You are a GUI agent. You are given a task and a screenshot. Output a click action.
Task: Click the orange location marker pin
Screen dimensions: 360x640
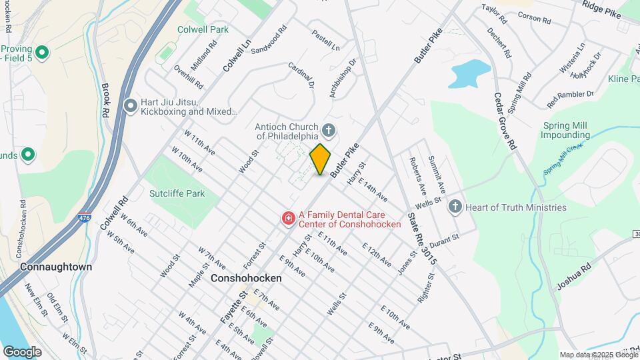(321, 159)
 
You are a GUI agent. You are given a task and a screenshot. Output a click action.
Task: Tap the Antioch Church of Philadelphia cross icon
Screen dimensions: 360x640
(328, 129)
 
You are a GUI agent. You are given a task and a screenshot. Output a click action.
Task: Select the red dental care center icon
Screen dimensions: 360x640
(288, 218)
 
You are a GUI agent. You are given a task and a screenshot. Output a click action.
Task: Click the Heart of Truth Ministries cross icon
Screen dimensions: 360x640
(455, 207)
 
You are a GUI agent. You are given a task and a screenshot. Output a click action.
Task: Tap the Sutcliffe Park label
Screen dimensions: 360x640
(177, 193)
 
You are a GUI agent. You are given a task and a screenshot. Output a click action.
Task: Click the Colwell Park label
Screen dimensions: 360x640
(203, 29)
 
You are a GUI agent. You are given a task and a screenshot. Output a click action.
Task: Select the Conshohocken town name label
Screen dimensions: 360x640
(246, 278)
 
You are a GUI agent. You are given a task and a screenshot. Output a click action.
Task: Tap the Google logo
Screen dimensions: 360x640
(22, 351)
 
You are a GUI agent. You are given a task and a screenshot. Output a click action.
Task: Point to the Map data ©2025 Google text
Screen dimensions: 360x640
(599, 355)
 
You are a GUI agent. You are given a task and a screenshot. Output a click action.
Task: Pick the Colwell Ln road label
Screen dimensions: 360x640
(237, 56)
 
